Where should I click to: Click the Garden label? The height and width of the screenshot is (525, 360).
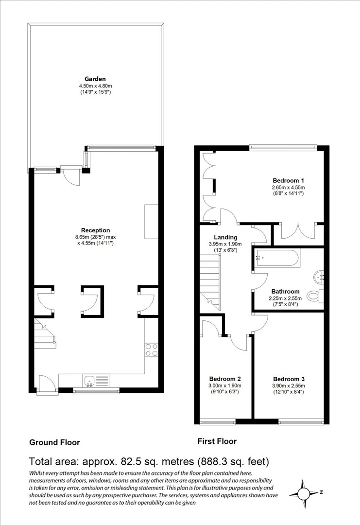[95, 79]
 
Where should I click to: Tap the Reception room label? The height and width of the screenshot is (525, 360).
[95, 230]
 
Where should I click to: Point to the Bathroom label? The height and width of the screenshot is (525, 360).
[285, 292]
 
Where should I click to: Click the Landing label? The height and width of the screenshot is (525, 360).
[225, 237]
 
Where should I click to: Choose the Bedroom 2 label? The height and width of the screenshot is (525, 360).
[225, 379]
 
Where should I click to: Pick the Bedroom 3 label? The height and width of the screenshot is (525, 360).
[289, 379]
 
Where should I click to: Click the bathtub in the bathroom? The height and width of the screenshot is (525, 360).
[277, 258]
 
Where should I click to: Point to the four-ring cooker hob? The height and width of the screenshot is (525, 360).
[151, 350]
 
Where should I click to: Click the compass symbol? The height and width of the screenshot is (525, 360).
[304, 493]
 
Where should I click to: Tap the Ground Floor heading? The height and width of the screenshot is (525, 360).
[54, 443]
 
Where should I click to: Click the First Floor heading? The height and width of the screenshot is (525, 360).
[217, 441]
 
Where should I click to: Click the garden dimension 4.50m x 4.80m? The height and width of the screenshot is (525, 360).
[95, 86]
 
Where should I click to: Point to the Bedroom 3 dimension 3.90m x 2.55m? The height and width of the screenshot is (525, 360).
[289, 385]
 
